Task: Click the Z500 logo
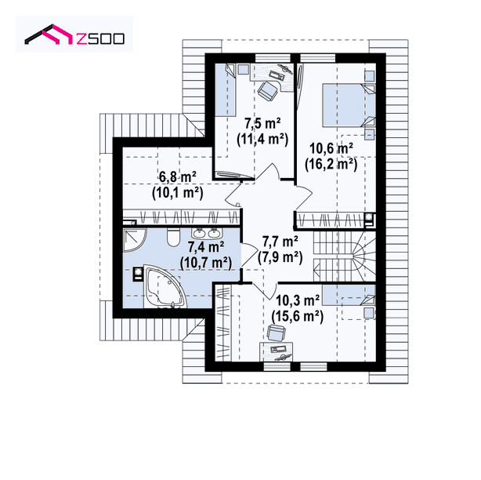pos(74,35)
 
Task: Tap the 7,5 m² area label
pos(262,124)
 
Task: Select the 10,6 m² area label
pos(331,149)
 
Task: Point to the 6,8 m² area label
pos(178,177)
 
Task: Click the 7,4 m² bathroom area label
pos(206,246)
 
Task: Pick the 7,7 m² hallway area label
pos(280,242)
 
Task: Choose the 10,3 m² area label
pos(298,300)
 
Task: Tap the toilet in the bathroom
pos(174,237)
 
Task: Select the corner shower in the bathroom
pos(134,239)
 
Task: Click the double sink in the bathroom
pos(205,234)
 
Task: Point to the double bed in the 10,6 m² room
pos(349,105)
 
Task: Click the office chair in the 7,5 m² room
pos(268,91)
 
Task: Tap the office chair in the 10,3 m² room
pos(276,333)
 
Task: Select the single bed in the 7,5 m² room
pos(225,90)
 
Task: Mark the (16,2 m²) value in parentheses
pos(331,165)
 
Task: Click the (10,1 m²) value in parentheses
pos(178,193)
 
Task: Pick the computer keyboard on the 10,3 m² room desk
pos(278,349)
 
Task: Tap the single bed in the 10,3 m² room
pos(349,295)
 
